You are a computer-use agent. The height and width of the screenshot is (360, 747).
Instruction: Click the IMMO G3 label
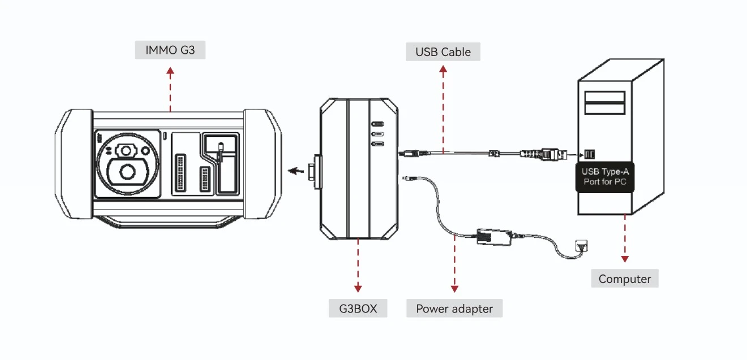coord(170,50)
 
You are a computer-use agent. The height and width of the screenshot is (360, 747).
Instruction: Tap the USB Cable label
coord(443,52)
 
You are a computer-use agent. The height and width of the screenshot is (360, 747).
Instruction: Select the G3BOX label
coord(358,308)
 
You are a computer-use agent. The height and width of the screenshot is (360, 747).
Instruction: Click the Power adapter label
coord(454,308)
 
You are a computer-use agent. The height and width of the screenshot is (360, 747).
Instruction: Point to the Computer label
coord(625,278)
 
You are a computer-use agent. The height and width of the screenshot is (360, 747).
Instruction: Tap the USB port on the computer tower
coord(589,154)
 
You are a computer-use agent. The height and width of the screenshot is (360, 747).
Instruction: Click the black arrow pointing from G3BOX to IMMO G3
coord(294,170)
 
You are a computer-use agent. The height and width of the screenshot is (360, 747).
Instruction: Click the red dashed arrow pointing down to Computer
coord(625,238)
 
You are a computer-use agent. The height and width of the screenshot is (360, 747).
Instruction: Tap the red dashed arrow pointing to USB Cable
coord(443,108)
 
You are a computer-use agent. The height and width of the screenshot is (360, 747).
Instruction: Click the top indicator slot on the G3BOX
coord(377,124)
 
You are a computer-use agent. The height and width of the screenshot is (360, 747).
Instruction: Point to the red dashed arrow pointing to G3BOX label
coord(358,266)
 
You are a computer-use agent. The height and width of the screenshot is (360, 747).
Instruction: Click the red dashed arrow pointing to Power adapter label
coord(454,266)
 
